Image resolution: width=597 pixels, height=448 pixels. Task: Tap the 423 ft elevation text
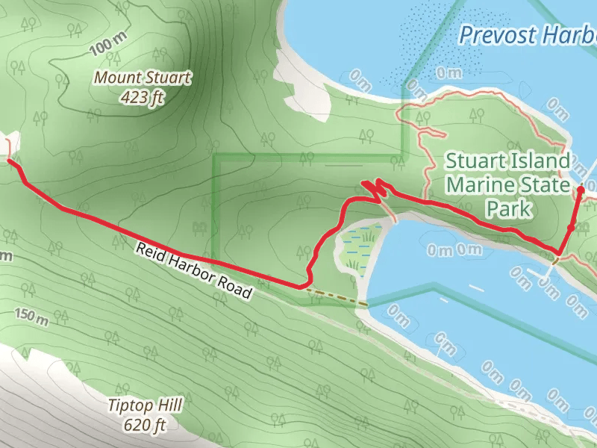pos(141,96)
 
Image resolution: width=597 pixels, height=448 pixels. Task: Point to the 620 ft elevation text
pos(144,426)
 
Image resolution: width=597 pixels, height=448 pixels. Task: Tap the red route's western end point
pos(9,160)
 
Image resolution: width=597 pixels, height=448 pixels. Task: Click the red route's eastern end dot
pos(581,190)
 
